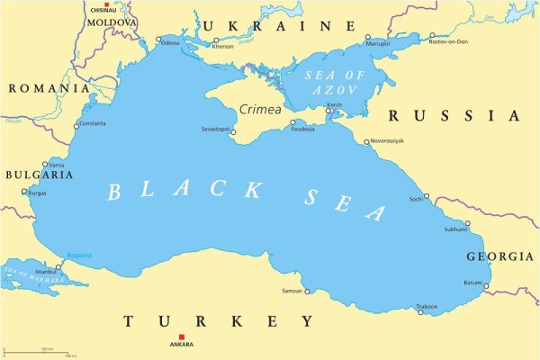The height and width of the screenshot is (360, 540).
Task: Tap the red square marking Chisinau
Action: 106,5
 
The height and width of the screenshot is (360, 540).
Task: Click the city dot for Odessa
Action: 158,40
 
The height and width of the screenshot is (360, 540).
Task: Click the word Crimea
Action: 260,110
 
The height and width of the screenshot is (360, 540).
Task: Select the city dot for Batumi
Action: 486,286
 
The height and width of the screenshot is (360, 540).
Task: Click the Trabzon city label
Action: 427,307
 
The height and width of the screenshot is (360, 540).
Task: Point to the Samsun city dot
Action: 308,291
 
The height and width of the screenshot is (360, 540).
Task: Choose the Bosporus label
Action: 79,256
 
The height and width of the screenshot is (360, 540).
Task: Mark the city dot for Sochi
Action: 427,196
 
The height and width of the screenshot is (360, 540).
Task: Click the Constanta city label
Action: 93,123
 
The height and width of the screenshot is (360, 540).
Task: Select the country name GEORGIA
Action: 499,256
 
